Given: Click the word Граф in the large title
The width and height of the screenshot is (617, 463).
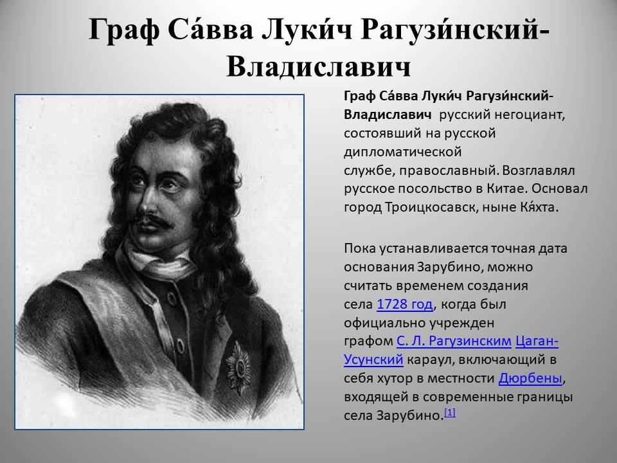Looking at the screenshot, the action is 124,31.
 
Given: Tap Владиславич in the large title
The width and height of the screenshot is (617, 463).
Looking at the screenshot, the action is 319,66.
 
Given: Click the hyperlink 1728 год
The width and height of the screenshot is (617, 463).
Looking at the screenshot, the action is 404,304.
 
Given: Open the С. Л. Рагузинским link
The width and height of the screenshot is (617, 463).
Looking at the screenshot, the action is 454,341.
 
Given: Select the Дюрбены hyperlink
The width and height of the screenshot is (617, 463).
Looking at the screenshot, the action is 530,378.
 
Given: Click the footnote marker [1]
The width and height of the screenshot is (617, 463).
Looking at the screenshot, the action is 450,412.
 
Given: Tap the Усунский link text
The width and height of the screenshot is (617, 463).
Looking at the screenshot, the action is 373,359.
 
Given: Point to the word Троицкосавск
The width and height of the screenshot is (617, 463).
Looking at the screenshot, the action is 431,207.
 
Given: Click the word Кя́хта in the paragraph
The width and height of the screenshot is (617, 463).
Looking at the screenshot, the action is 540,206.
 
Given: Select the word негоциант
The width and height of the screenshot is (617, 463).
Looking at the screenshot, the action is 529,115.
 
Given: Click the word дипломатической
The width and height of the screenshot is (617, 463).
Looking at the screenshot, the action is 402,152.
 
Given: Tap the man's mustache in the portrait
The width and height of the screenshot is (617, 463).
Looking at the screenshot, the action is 156,221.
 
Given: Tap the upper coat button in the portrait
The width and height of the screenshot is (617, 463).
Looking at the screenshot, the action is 172,298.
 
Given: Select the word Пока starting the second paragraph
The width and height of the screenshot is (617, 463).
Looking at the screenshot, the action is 360,249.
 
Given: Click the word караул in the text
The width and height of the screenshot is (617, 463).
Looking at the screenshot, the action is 431,360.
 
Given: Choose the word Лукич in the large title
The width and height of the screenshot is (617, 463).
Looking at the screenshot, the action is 307,30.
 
